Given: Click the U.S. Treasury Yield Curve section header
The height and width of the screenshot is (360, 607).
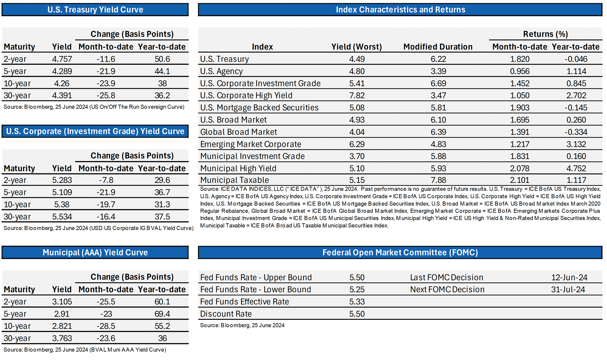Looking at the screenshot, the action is point(95,9).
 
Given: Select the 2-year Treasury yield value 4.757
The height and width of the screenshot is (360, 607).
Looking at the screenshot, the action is point(62,59).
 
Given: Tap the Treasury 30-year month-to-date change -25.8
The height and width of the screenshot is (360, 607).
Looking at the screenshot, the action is point(106,96).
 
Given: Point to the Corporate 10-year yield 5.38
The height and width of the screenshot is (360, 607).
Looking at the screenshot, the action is point(62,205).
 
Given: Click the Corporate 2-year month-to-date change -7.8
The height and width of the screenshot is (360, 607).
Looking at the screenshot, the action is point(106,180).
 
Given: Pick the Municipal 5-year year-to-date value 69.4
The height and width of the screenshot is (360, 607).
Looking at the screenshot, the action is point(162,314).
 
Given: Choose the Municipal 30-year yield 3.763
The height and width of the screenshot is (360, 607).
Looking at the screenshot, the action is point(62,338).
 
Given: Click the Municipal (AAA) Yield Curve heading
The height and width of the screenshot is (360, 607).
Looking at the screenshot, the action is point(95,252).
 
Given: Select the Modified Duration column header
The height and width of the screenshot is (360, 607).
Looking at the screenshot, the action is point(438,47).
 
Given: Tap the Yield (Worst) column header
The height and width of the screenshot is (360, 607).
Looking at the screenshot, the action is point(357,47).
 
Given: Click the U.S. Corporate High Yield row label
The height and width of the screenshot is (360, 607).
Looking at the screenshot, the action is point(246,96).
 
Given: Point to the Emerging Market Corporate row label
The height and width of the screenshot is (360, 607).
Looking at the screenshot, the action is point(251,144).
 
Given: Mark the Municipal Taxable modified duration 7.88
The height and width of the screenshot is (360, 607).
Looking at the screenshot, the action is point(438,180).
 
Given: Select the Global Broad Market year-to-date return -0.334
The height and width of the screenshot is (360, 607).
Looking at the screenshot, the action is point(576,132).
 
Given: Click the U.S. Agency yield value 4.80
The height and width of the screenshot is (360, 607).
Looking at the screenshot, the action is point(357,71).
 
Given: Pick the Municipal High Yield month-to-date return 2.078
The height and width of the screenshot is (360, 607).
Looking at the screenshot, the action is point(520,169).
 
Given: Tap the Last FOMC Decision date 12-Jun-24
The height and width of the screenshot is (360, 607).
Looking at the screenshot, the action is point(569,277).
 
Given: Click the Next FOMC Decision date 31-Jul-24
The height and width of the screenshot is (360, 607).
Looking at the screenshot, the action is point(568,289).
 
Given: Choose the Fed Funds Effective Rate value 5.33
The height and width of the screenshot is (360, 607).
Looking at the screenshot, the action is point(357,302).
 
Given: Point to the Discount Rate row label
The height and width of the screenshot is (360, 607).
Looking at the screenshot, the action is point(226,314).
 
